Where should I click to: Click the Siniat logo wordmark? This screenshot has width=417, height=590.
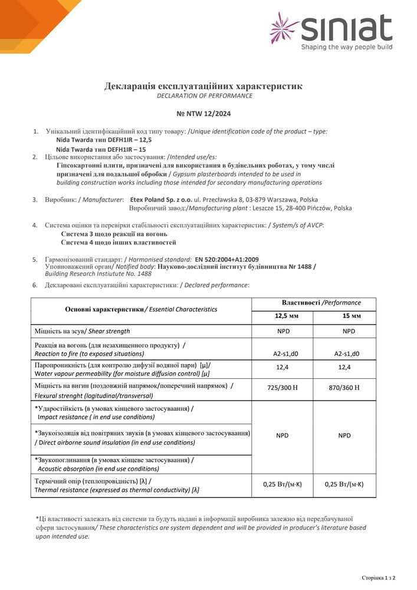(347, 28)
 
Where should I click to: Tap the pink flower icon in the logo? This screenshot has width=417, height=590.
(284, 28)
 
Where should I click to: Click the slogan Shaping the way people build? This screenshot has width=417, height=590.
(346, 47)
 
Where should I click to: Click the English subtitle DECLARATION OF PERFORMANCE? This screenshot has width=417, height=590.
(204, 96)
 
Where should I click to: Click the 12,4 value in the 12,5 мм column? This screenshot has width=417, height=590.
(283, 368)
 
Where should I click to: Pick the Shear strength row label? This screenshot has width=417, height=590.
(83, 331)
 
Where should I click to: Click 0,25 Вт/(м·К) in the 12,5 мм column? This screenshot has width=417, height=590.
(283, 484)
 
